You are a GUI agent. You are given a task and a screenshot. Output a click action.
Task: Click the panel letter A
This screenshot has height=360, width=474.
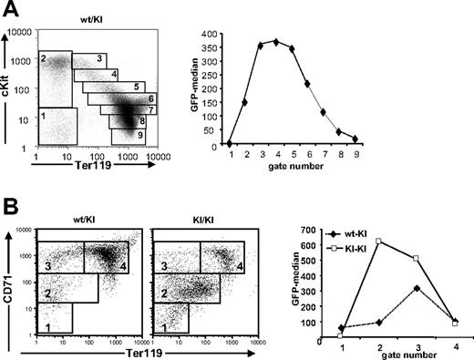pyautogui.click(x=10, y=9)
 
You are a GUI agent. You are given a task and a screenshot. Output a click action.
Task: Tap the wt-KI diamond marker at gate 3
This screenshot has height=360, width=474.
pyautogui.click(x=416, y=288)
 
